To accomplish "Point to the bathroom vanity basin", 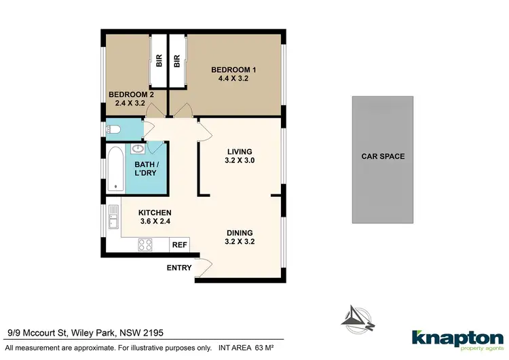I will point(138,149).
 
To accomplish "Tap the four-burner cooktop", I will point(145,244).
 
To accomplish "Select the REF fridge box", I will point(180,245).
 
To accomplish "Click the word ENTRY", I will point(179,268).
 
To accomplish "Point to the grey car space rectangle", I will point(382,160).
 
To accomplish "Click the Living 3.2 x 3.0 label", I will point(240,156).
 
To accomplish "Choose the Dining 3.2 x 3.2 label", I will point(240,237).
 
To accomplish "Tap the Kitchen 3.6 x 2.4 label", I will point(155,217).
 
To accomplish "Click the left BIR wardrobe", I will point(159,61).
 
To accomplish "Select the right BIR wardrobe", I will point(176,61).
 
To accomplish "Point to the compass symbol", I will point(358,316).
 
